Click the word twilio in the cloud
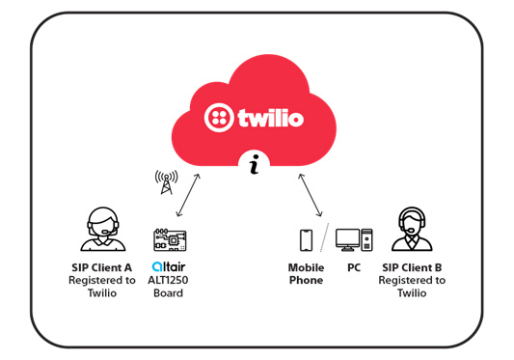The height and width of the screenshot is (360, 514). point(272,119)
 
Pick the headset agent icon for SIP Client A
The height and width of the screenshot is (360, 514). point(102,230)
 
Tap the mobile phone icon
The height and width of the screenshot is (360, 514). point(306,240)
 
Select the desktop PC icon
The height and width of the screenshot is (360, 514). point(353,240)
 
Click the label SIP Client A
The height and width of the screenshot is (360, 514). point(103,267)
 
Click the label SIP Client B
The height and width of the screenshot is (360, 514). point(414,267)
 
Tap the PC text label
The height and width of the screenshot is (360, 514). point(354,267)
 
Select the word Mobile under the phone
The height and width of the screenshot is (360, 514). point(306,267)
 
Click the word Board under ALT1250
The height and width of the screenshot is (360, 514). point(168,294)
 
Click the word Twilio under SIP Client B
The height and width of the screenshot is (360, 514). point(414,293)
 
